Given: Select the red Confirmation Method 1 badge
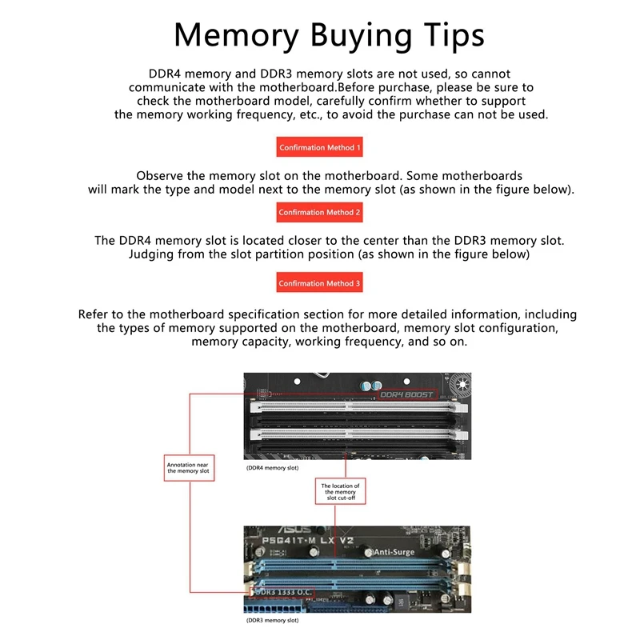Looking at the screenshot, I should click(x=319, y=148).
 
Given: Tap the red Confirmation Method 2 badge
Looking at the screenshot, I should click(x=319, y=213).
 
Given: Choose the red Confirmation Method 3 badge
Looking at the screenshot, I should click(x=319, y=283).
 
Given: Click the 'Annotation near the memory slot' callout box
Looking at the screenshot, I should click(x=188, y=467).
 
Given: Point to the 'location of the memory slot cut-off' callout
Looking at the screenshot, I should click(x=340, y=491).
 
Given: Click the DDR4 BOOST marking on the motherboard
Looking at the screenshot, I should click(x=406, y=394).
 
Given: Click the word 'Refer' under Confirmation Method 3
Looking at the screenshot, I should click(x=95, y=314).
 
